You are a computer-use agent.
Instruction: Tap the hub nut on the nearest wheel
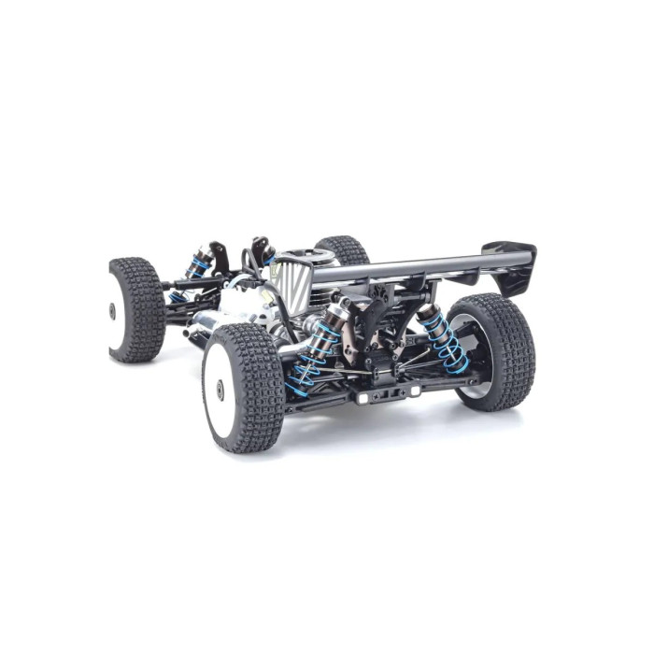coord(220,385)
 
